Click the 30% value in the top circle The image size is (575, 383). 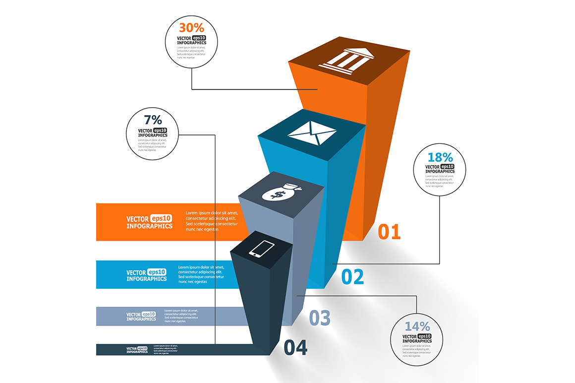click(191, 27)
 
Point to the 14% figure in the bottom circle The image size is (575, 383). click(417, 326)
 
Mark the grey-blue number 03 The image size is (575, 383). click(320, 318)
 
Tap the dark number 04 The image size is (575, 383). click(295, 347)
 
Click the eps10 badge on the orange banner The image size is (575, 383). click(161, 218)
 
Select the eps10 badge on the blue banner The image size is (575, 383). click(156, 272)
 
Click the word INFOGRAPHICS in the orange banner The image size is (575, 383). click(149, 226)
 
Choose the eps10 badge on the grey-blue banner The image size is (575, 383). click(149, 314)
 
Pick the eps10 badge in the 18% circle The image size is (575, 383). click(447, 167)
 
